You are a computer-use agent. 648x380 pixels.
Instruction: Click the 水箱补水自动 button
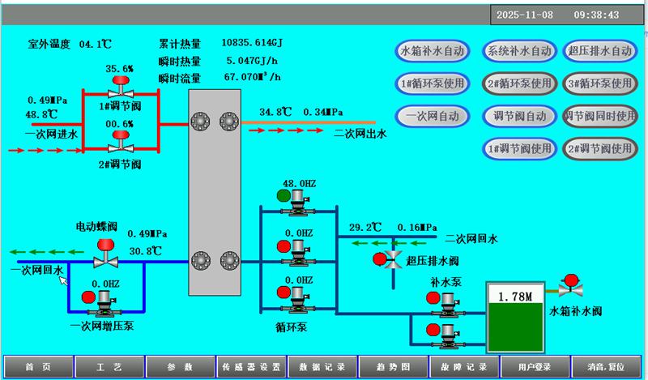pos(433,50)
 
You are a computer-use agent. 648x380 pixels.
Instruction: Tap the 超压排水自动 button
pos(599,50)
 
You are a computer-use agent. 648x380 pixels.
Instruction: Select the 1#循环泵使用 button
pos(433,83)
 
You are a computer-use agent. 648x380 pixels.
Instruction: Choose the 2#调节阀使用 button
pos(599,148)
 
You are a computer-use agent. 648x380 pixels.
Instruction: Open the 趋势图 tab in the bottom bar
pos(392,367)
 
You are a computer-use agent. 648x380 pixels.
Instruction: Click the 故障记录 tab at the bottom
pos(463,367)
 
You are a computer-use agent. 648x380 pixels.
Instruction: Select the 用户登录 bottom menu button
pos(535,367)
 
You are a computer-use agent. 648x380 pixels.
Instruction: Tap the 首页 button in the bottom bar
pos(37,367)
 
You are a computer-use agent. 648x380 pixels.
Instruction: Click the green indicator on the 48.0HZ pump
pos(282,196)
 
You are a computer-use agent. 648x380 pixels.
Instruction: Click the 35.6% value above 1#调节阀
pos(120,69)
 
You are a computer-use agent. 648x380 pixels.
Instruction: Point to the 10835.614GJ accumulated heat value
pos(252,43)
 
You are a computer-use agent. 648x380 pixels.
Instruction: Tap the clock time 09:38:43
pos(596,15)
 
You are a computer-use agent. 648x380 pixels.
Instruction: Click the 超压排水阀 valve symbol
pos(392,260)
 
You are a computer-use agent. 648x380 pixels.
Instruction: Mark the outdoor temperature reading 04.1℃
pos(96,45)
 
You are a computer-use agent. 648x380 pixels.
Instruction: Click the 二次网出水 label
pos(360,133)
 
